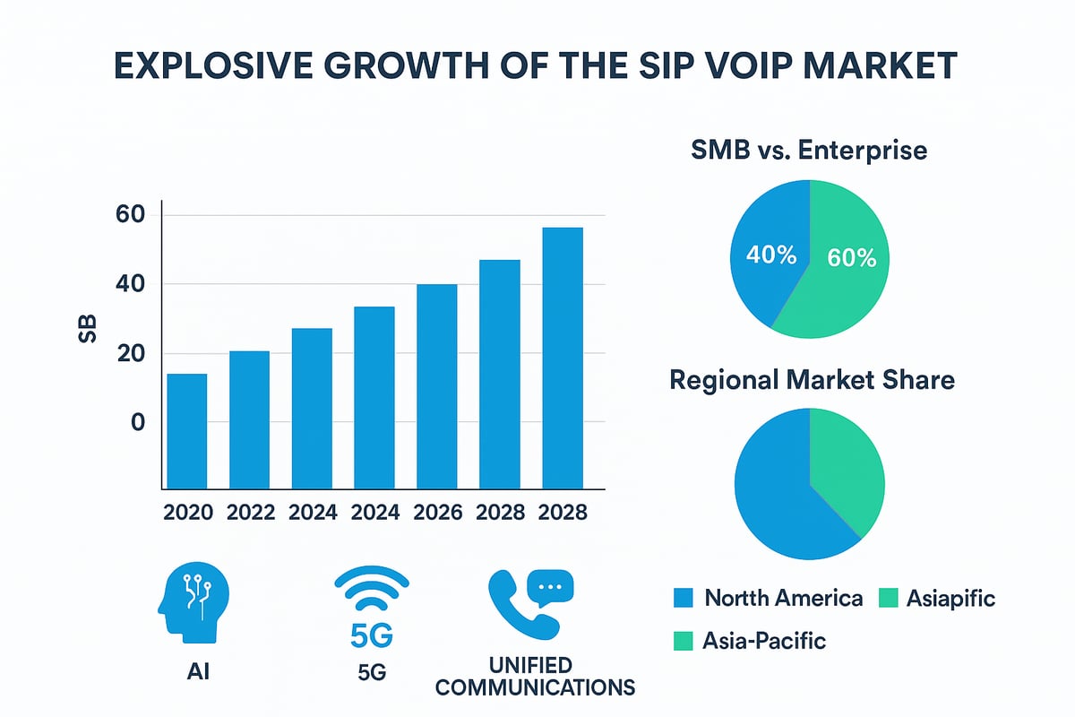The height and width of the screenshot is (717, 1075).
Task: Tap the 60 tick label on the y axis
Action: (x=129, y=215)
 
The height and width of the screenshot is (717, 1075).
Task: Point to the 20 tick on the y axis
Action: (x=129, y=354)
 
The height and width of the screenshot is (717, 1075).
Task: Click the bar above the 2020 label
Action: (x=187, y=430)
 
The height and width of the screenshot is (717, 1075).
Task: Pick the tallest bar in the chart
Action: (x=563, y=358)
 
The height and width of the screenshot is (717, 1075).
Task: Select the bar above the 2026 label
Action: (x=437, y=385)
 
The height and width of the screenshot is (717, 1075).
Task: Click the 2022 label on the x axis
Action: (x=250, y=513)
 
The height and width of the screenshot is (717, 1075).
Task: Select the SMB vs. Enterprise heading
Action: (x=809, y=151)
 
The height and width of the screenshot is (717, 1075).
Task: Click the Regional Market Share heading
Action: (x=812, y=380)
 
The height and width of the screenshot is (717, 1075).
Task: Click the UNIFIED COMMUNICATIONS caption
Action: (x=555, y=677)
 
